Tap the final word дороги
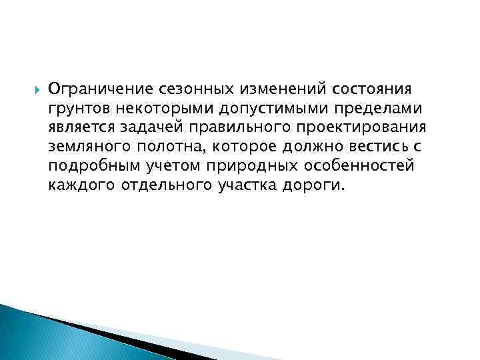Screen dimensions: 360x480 point(317,185)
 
